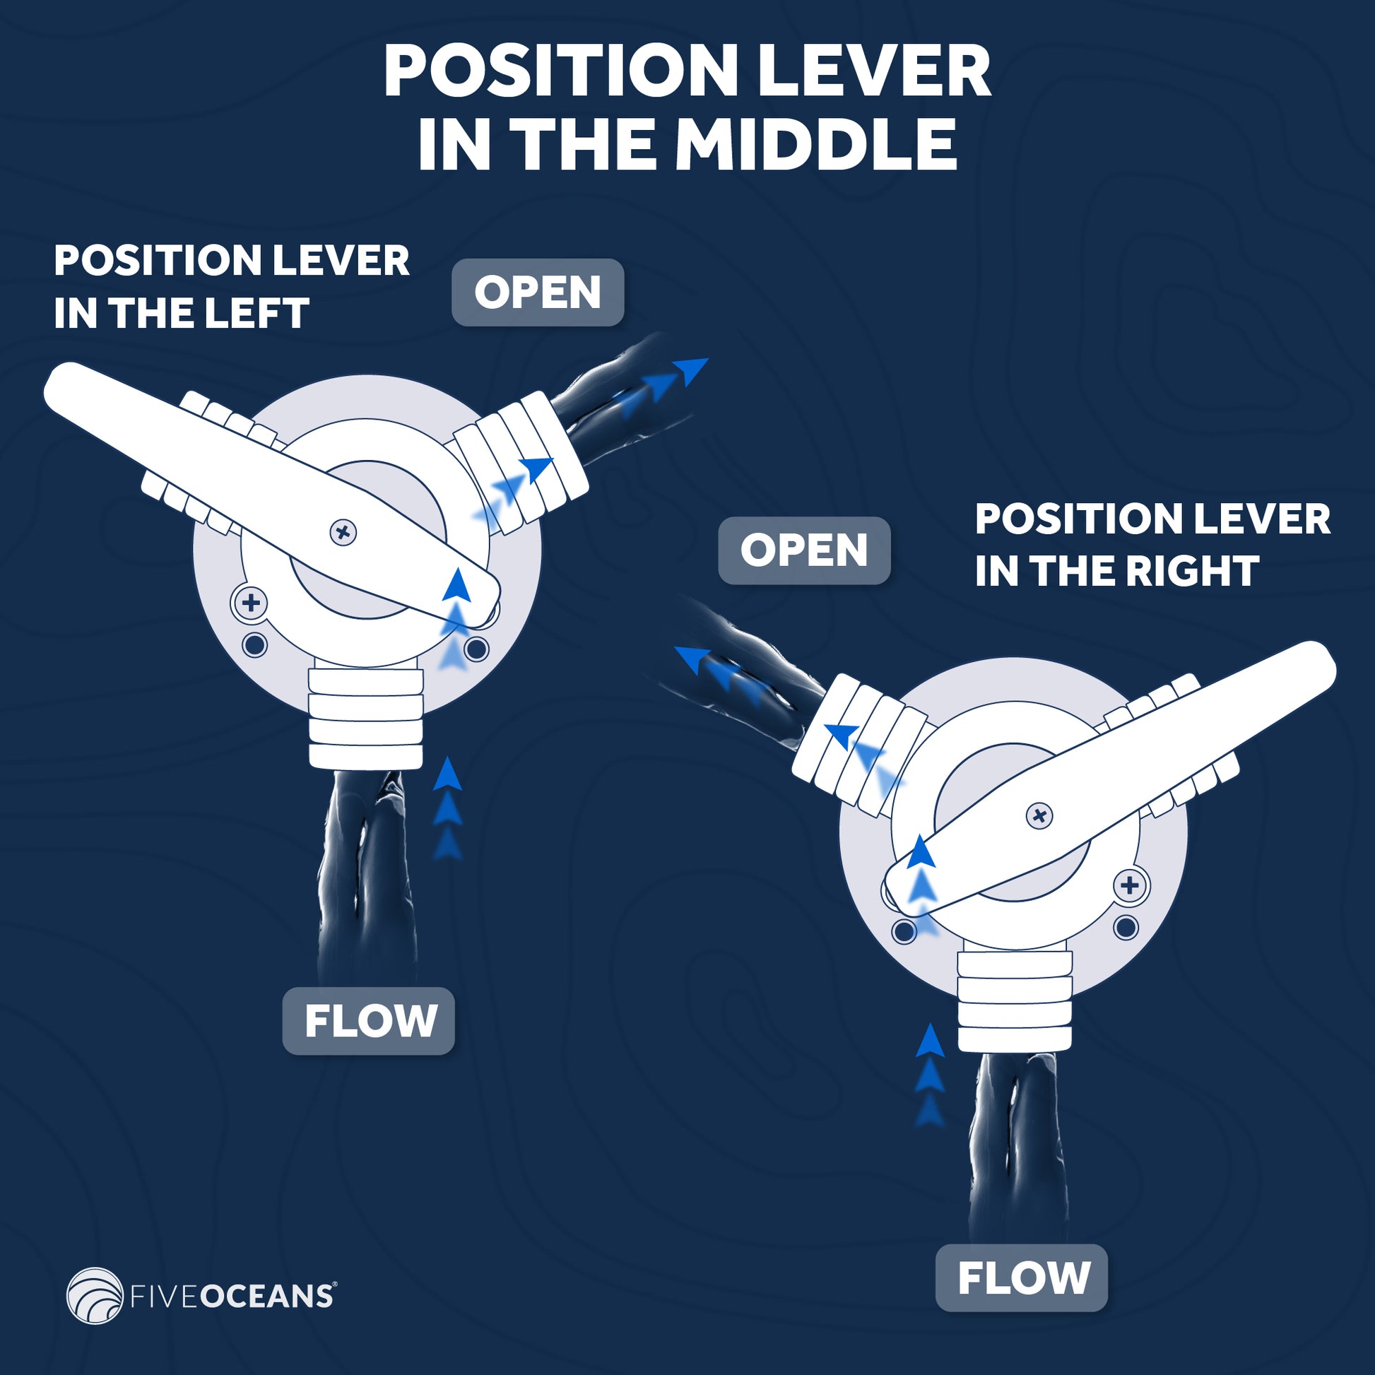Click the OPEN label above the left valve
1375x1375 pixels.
coord(537,293)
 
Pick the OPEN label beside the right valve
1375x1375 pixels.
coord(803,550)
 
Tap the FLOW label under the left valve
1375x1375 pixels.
coord(370,1021)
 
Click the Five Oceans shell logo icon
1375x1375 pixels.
coord(95,1296)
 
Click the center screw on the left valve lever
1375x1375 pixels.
coord(343,531)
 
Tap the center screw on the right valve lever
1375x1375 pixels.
coord(1039,815)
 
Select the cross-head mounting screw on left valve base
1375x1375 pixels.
coord(251,603)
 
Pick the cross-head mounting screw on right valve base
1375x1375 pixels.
coord(1129,886)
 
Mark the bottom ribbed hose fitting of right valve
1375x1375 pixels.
coord(1013,1000)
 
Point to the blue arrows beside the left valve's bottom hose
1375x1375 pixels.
coord(448,809)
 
